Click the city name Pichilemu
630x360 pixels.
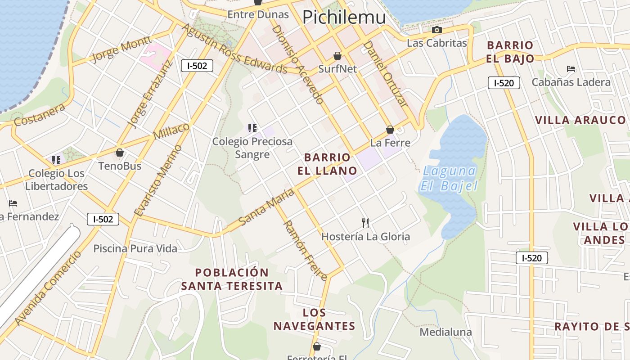pyautogui.click(x=344, y=17)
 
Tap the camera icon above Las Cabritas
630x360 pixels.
pyautogui.click(x=436, y=30)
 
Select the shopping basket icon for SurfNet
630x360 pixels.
pyautogui.click(x=337, y=56)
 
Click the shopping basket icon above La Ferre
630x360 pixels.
pyautogui.click(x=390, y=130)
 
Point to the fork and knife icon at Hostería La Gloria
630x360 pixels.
pyautogui.click(x=365, y=223)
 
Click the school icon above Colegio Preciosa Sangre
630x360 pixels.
pyautogui.click(x=252, y=128)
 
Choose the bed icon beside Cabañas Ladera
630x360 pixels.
pyautogui.click(x=571, y=69)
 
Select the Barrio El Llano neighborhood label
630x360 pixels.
pyautogui.click(x=327, y=164)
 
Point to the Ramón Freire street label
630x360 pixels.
pyautogui.click(x=304, y=250)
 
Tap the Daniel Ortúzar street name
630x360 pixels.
pyautogui.click(x=385, y=74)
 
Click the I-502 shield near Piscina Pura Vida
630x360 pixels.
pyautogui.click(x=103, y=219)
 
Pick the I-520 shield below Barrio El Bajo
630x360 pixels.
pyautogui.click(x=504, y=83)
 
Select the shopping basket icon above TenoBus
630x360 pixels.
pyautogui.click(x=120, y=153)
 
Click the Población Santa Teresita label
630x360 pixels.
pyautogui.click(x=232, y=279)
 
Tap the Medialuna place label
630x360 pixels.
pyautogui.click(x=445, y=332)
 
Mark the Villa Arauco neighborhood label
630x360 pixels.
pyautogui.click(x=580, y=120)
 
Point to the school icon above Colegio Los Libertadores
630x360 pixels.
pyautogui.click(x=56, y=160)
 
